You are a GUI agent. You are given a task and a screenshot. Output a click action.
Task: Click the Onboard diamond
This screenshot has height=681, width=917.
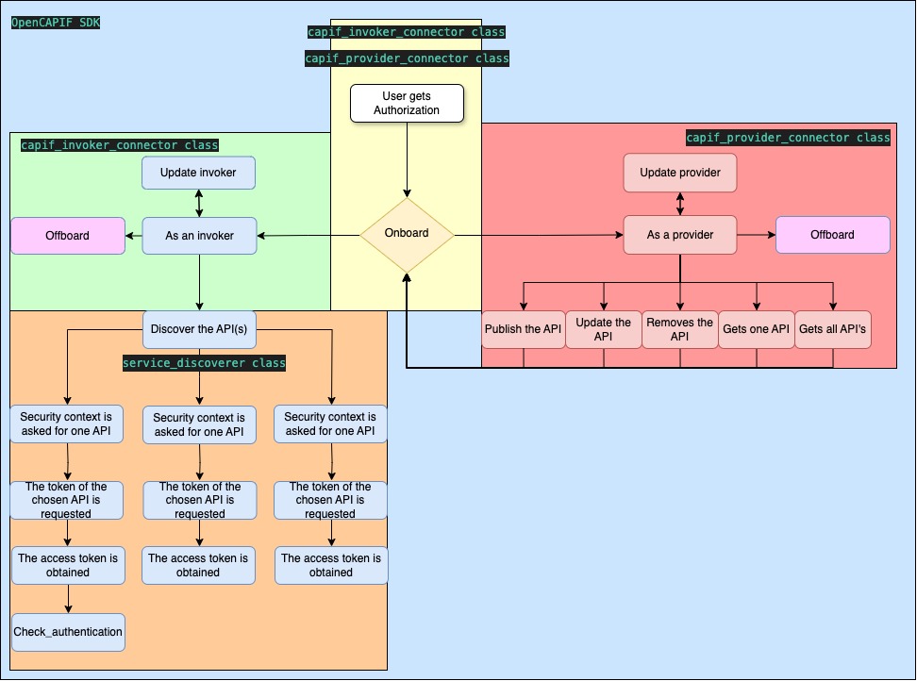[407, 234]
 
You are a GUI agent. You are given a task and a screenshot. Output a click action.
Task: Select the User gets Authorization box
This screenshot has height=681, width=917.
[407, 104]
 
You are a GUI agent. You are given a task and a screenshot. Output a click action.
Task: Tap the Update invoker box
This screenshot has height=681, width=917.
[199, 173]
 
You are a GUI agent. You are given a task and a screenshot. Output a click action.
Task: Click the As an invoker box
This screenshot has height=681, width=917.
[199, 235]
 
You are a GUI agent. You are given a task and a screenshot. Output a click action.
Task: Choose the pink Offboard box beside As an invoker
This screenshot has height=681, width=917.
[68, 235]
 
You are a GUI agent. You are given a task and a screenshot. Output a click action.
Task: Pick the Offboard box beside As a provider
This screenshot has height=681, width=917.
[832, 235]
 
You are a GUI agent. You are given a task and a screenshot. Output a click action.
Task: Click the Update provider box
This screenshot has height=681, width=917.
[679, 173]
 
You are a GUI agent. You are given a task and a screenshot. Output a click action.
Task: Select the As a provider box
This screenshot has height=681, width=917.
[679, 235]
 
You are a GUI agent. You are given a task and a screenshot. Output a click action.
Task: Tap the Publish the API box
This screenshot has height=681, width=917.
[523, 329]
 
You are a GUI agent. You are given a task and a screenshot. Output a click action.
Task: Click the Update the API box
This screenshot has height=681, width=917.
[603, 329]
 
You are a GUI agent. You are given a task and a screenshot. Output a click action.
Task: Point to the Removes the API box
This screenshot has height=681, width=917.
[679, 329]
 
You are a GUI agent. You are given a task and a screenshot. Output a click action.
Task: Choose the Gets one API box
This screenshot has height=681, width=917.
[755, 329]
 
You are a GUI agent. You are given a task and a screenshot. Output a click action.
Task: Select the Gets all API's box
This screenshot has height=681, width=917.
[832, 329]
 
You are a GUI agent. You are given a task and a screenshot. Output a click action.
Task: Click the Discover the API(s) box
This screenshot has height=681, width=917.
[199, 329]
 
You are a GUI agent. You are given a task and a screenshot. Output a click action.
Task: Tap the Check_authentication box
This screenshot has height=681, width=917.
[68, 632]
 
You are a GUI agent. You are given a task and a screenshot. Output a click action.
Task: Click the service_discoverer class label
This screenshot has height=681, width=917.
[204, 363]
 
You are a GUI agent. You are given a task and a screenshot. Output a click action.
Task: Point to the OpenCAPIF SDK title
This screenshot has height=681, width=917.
[56, 21]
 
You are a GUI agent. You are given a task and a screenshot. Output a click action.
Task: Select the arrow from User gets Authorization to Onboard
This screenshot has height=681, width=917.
[407, 160]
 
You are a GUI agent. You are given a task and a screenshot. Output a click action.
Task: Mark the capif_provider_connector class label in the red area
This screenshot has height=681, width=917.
[788, 138]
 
